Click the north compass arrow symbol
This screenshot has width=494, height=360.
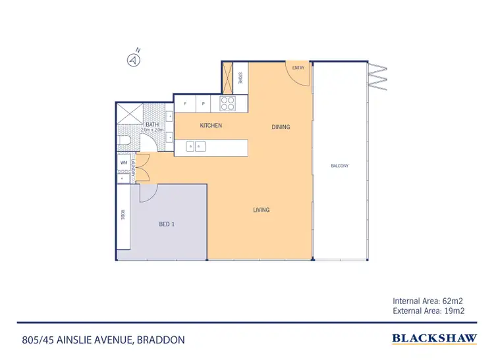pos(133,60)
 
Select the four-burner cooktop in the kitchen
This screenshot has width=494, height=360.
pos(228,103)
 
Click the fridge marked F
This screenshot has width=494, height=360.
pos(185,104)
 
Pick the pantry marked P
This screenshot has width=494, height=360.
pos(204,104)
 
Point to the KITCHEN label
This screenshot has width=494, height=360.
pos(211,126)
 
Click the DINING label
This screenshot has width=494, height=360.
pos(281,127)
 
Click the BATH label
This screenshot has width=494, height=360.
pos(152,124)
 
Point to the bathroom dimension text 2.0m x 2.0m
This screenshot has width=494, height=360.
pos(152,130)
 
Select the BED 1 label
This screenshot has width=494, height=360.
pos(167,224)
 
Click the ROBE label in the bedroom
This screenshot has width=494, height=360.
pos(123,215)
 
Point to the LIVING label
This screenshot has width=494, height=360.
pos(261,211)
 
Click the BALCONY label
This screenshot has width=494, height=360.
pos(340,166)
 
